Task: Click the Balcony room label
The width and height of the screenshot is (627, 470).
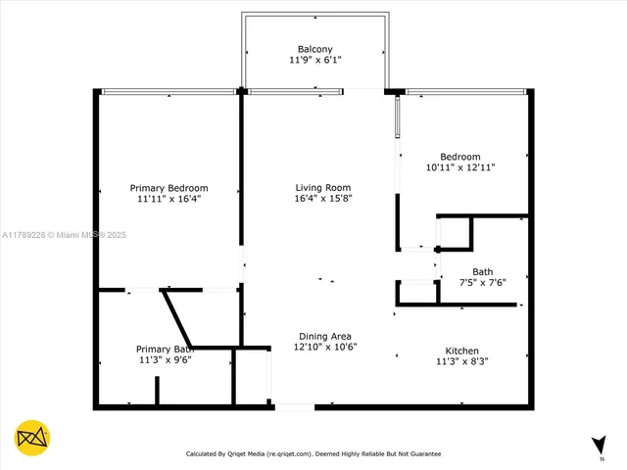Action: coord(315,49)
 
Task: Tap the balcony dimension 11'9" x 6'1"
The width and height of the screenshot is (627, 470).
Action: coord(315,61)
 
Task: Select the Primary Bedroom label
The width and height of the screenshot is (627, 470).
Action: coord(169,188)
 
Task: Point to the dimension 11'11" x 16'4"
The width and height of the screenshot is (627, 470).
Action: coord(169,199)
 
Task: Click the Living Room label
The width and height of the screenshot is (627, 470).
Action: coord(323,188)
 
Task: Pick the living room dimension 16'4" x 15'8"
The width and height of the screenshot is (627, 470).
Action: coord(323,199)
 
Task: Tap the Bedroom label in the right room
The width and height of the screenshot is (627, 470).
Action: coord(459,157)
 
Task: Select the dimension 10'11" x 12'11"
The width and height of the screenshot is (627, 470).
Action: coord(459,167)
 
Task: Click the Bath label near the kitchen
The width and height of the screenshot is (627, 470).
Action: coord(482,272)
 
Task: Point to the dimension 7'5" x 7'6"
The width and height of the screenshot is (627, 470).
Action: coord(482,283)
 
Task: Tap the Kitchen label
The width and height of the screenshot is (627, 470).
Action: coord(461,351)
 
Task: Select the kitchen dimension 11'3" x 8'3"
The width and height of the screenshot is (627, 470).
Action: coord(461,361)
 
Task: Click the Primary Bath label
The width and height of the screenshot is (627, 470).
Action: coord(165,349)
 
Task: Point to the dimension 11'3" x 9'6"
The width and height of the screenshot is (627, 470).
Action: coord(165,359)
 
